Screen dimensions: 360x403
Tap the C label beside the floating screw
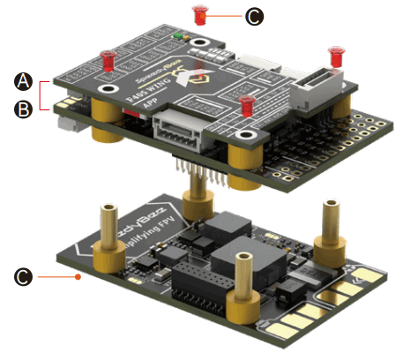click(254, 16)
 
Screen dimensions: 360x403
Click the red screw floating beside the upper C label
click(200, 13)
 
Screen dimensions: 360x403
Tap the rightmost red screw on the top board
click(335, 56)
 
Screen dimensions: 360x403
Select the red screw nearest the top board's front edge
click(248, 106)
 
